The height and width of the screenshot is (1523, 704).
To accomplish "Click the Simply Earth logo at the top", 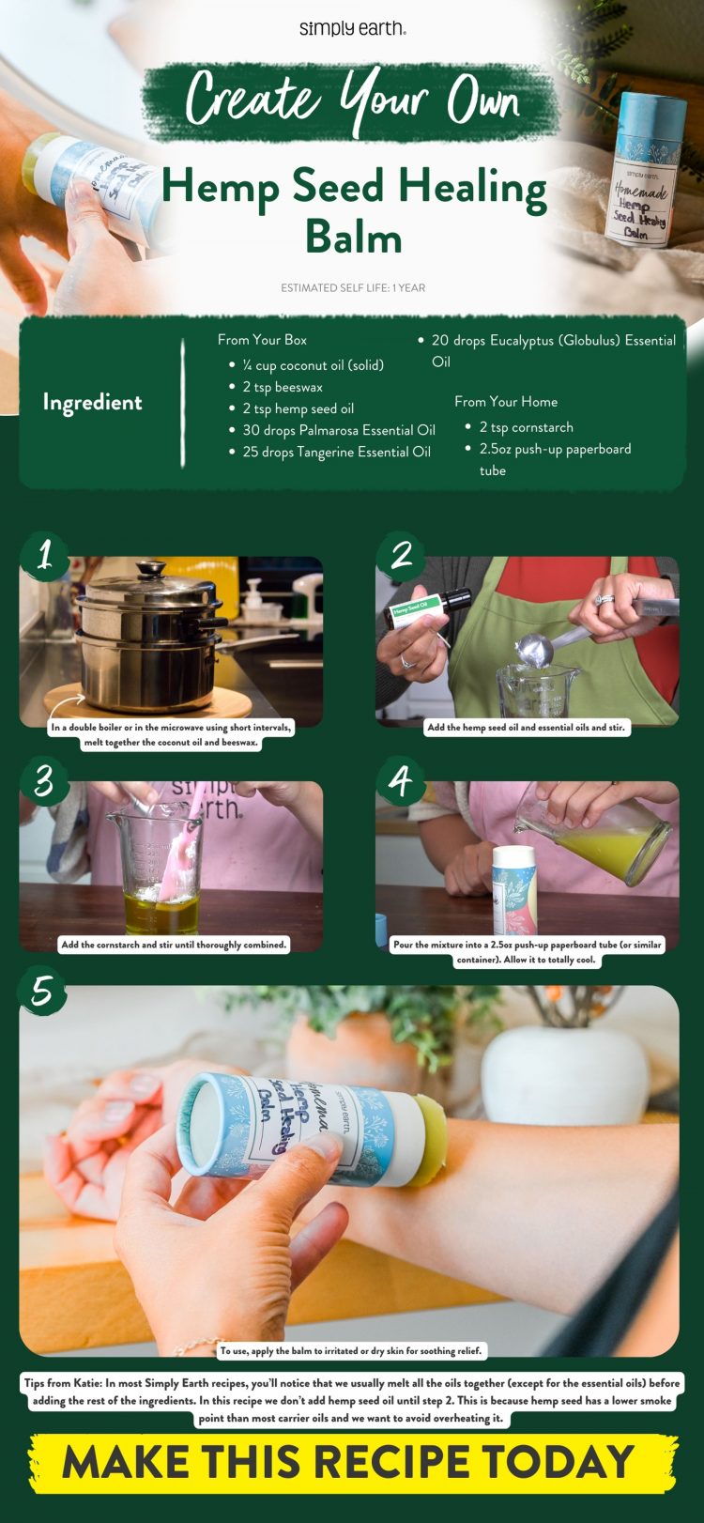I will click(352, 29).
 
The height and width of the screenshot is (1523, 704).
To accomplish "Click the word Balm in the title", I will click(353, 238).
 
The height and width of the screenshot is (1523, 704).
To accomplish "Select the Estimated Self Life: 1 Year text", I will click(352, 288).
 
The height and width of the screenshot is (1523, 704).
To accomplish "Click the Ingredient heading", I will click(92, 403).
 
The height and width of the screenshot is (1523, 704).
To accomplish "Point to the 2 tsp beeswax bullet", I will click(282, 387).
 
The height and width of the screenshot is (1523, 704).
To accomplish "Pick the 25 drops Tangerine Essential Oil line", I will click(335, 452).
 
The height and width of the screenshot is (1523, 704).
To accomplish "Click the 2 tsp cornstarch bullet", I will click(526, 427).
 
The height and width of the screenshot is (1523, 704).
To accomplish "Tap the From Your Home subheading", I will click(505, 402).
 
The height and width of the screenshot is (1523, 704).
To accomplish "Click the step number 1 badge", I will click(43, 556).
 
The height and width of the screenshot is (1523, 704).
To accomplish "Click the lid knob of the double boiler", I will click(150, 568).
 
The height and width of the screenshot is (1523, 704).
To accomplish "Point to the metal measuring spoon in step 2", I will click(537, 649).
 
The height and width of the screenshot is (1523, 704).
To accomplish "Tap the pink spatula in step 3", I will click(193, 831).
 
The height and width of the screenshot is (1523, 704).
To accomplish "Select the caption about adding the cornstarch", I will click(173, 945).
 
